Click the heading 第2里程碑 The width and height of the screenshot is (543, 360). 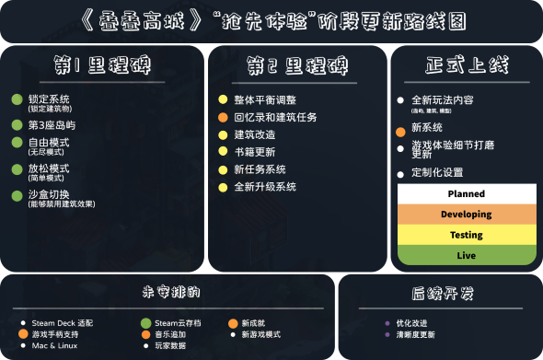coord(297,66)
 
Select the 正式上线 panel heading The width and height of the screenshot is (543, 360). coord(466,66)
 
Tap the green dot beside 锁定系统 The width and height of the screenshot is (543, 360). coord(17,99)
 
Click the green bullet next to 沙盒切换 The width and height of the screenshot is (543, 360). coord(17,195)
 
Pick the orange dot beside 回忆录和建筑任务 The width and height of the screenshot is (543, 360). coord(222,118)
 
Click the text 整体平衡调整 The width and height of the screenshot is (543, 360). coord(266,99)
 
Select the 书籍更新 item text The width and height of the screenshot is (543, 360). coord(254,152)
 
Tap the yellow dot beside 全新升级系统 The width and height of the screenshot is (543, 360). coord(222,187)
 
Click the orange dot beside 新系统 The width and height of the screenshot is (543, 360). coord(400,132)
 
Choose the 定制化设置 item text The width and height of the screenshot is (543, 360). coord(436,173)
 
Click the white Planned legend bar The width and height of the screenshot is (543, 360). coord(466,194)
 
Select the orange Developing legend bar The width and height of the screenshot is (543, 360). coord(466,215)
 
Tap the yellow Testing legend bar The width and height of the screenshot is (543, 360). coord(466,235)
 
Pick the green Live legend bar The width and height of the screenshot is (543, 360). coord(466,255)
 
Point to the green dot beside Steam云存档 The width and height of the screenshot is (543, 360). coord(145,323)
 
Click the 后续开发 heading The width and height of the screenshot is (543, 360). coord(442,294)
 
